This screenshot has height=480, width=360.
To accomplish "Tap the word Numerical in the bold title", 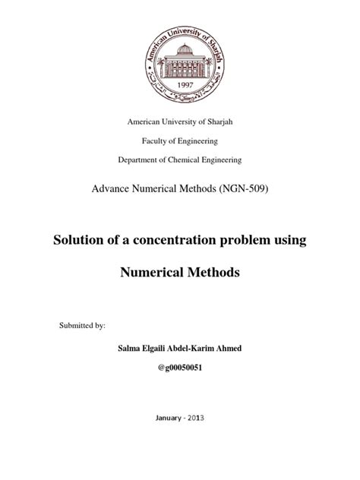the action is pos(153,273).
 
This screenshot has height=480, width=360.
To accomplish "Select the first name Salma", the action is pos(124,347).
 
